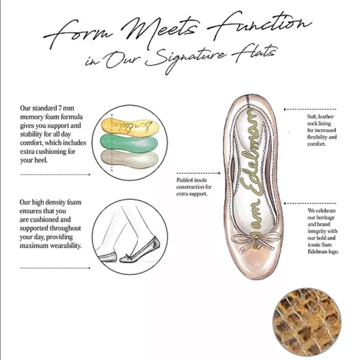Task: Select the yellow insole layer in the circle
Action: tap(130, 127)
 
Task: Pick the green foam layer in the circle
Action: tap(129, 143)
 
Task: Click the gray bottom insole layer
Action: tap(130, 159)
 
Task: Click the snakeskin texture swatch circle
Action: tap(307, 322)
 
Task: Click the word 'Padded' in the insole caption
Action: tap(186, 180)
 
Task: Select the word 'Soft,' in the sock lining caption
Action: tap(312, 117)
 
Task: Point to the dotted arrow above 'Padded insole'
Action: tap(199, 173)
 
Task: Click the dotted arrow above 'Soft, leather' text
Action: tap(310, 109)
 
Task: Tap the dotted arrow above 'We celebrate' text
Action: tap(310, 204)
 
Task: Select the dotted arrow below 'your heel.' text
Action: tap(55, 174)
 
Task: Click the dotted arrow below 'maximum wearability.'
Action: tap(55, 268)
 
